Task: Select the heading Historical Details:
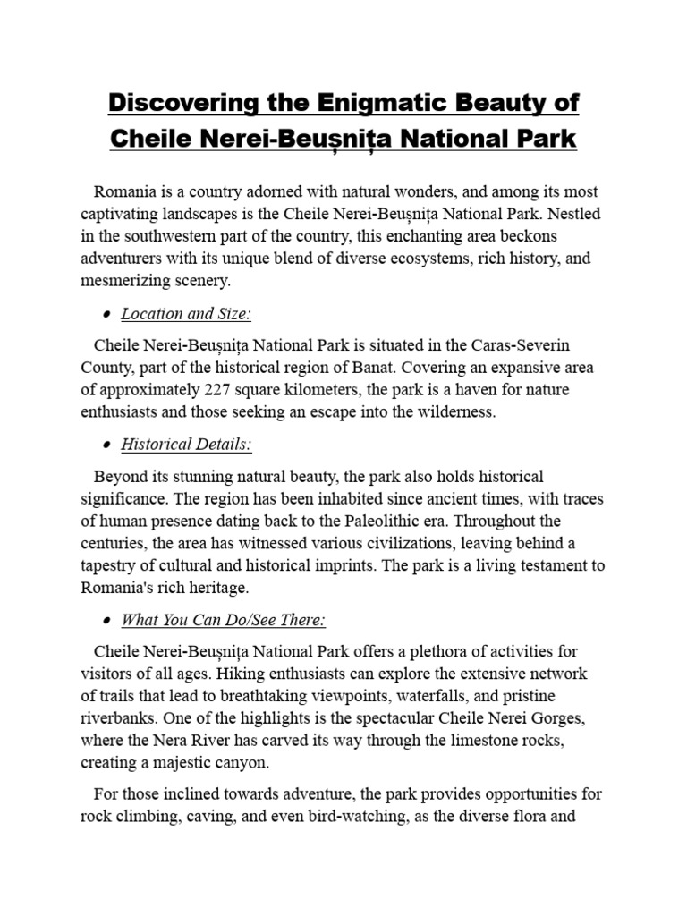[186, 445]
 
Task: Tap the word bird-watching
[355, 817]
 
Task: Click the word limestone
[474, 742]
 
